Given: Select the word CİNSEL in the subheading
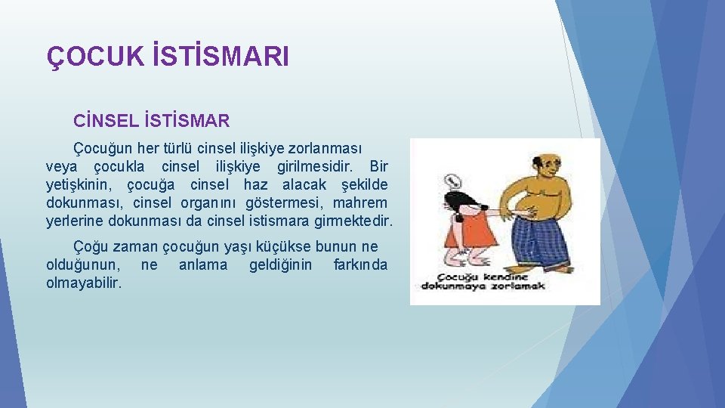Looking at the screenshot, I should point(103,121).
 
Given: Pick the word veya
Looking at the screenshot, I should point(63,165).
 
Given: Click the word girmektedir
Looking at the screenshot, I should point(354,221).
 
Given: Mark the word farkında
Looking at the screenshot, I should point(360,264).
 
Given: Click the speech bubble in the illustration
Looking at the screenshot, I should point(452,181).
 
